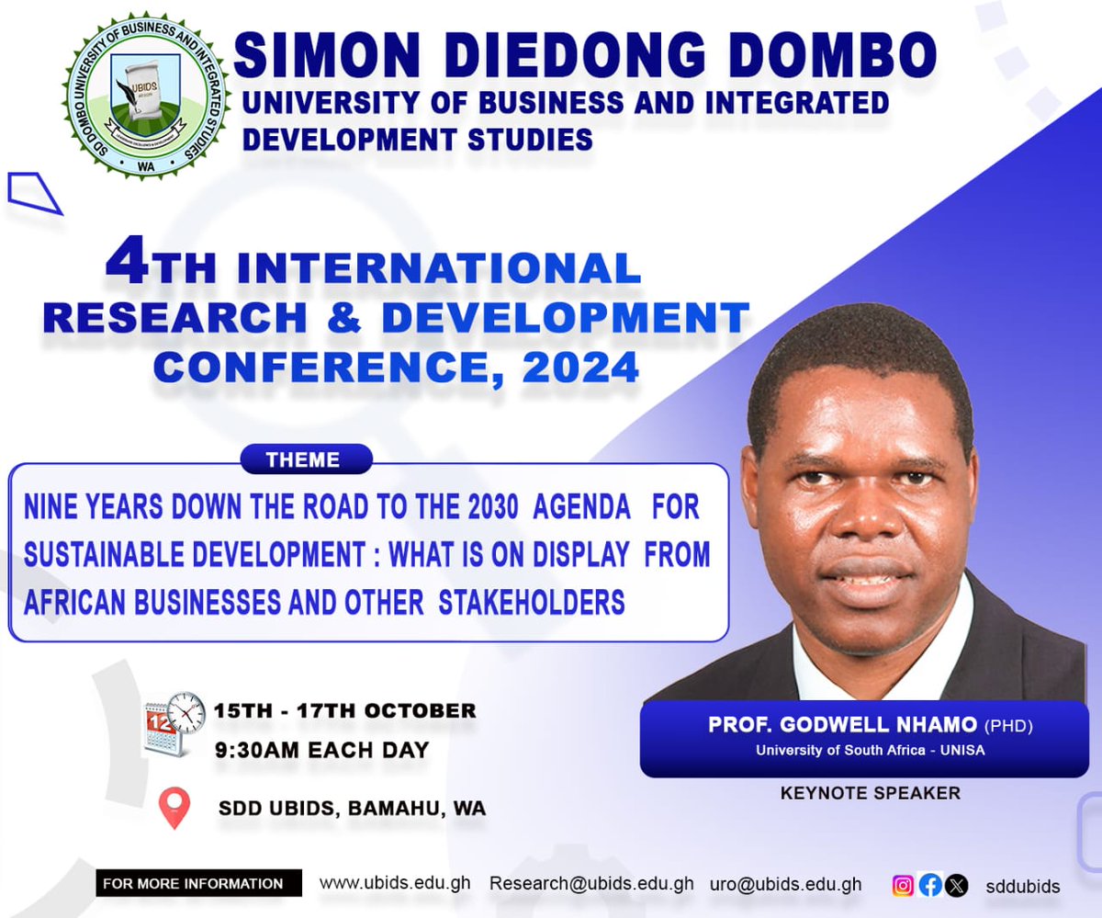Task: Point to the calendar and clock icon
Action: pyautogui.click(x=174, y=724)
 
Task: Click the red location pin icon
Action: pyautogui.click(x=174, y=807)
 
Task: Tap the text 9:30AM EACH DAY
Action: pyautogui.click(x=321, y=750)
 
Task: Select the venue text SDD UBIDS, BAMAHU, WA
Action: pyautogui.click(x=352, y=810)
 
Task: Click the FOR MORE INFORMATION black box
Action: pyautogui.click(x=198, y=883)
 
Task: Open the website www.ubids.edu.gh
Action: pyautogui.click(x=395, y=883)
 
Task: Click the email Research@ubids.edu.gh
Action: pyautogui.click(x=591, y=884)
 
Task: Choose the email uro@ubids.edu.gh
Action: pyautogui.click(x=785, y=884)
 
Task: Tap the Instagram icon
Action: pyautogui.click(x=904, y=886)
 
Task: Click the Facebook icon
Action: pyautogui.click(x=930, y=886)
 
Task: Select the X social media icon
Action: pyautogui.click(x=956, y=886)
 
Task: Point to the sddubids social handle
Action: pyautogui.click(x=1023, y=887)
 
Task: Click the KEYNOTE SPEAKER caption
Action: pyautogui.click(x=871, y=792)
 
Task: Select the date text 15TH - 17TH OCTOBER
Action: pyautogui.click(x=344, y=710)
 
